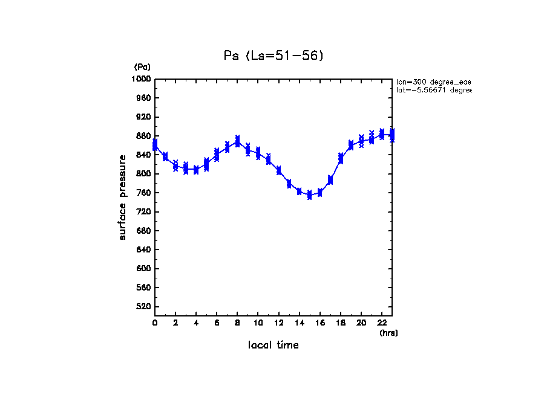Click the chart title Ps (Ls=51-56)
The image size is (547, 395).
point(273,56)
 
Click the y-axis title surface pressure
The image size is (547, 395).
point(123,197)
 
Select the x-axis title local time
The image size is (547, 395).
point(273,345)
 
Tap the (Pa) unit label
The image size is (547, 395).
point(142,67)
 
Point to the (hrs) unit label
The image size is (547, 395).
point(388,333)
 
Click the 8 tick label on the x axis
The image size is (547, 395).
point(238,324)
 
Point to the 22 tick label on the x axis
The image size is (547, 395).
point(382,324)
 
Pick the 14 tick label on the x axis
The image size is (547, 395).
point(300,324)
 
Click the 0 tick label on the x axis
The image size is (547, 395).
point(155,324)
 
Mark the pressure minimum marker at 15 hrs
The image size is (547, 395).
point(310,195)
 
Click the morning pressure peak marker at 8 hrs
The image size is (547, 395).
point(238,141)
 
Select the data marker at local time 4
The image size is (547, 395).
point(196,170)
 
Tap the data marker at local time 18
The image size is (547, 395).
point(341,158)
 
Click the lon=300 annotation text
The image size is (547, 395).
point(433,82)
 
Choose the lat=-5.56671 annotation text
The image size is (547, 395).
point(433,90)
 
